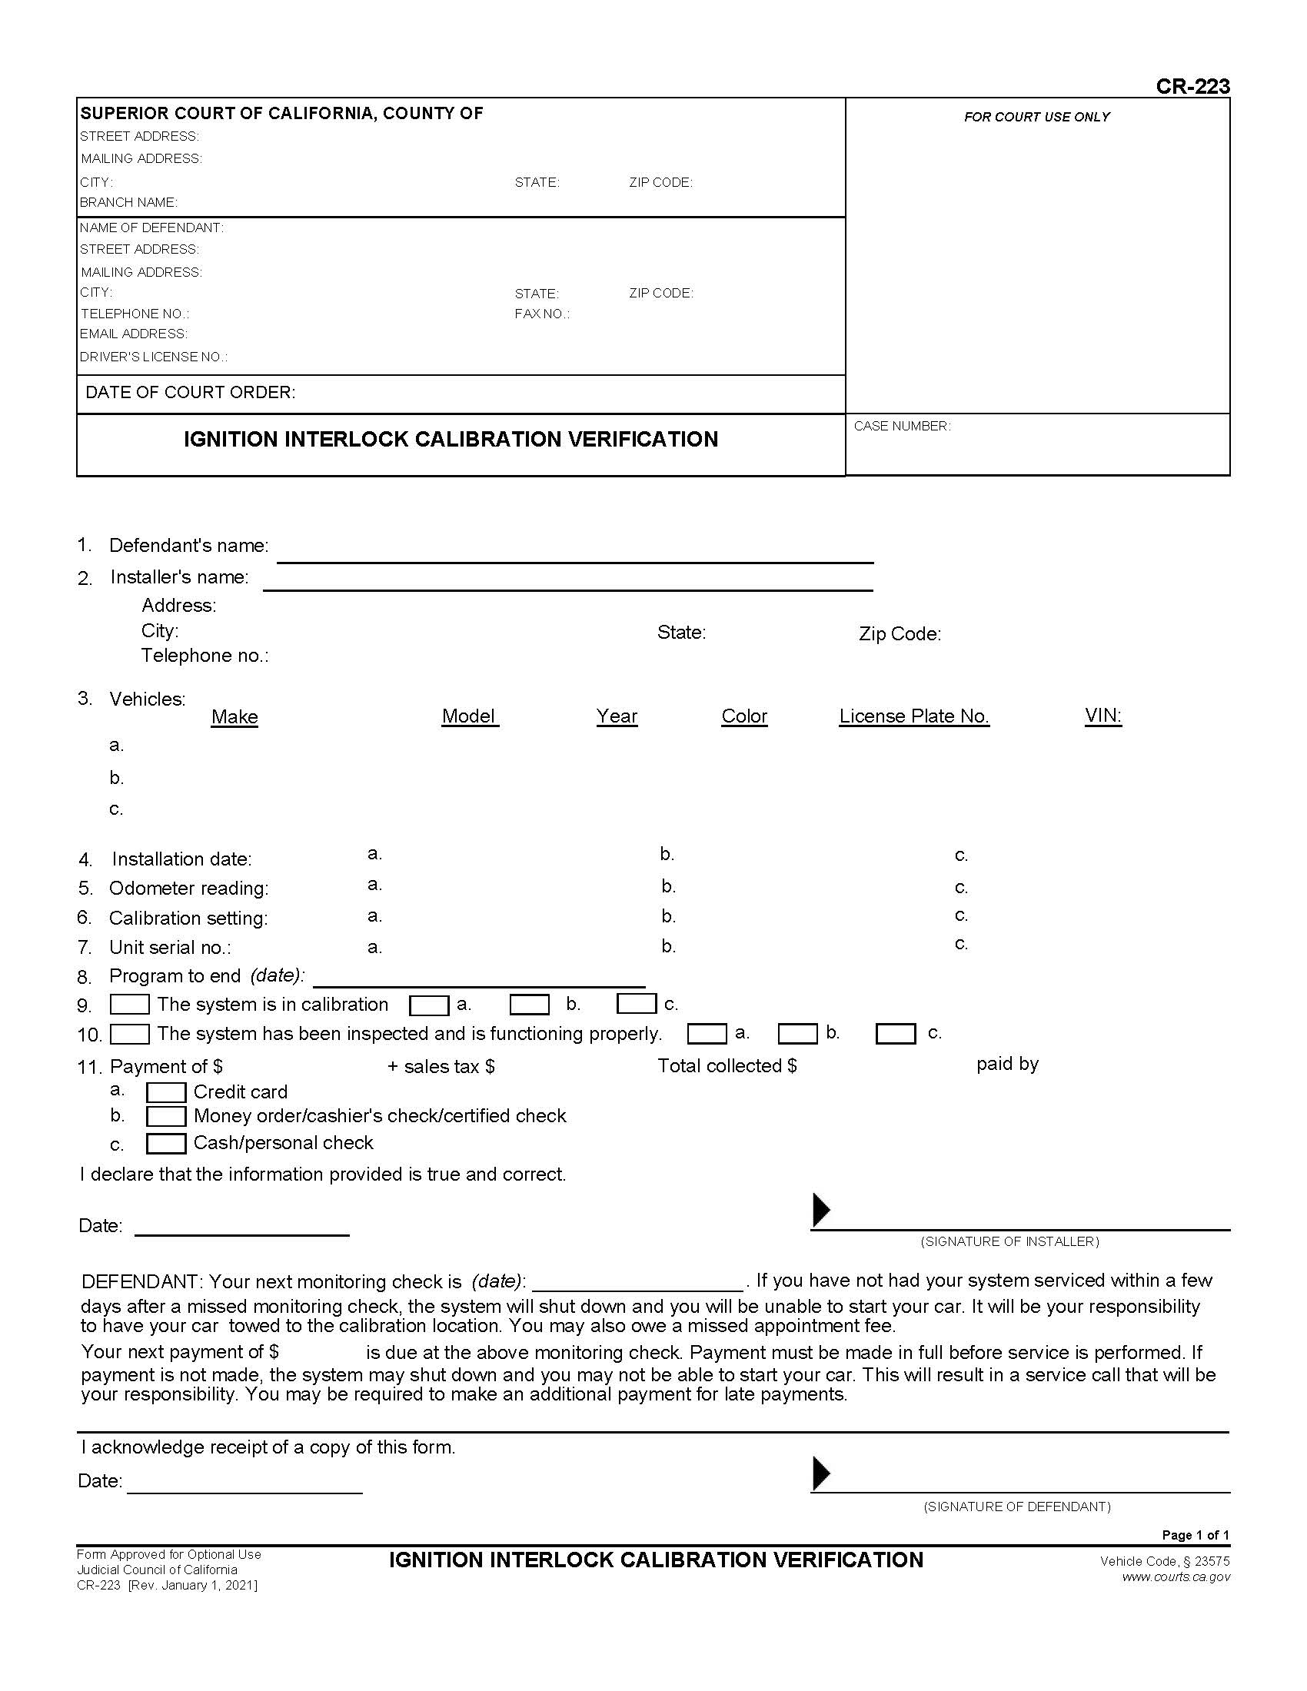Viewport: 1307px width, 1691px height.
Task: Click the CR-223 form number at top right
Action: [x=1192, y=86]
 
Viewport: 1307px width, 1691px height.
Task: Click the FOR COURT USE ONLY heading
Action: [x=1036, y=117]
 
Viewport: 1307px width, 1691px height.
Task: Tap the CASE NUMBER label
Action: [x=901, y=426]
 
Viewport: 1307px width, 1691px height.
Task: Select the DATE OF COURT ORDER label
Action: [x=190, y=393]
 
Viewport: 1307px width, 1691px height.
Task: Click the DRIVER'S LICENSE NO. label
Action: [x=153, y=357]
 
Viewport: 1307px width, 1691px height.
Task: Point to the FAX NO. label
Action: [x=541, y=314]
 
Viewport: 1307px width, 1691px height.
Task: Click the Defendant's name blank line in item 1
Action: [x=574, y=553]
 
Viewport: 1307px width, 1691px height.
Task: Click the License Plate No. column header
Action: [x=913, y=716]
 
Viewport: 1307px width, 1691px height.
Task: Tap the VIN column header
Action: [x=1102, y=716]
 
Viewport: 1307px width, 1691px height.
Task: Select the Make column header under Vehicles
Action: [x=234, y=717]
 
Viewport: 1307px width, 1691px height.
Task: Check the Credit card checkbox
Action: [x=166, y=1092]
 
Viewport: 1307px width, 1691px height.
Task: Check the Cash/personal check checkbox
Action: [x=166, y=1144]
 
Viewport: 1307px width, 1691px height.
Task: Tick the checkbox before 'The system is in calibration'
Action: [x=129, y=1005]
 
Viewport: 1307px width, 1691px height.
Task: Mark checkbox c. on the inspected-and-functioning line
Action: [x=895, y=1034]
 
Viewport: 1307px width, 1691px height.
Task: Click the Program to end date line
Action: [x=478, y=978]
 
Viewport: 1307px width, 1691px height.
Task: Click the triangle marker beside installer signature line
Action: [x=821, y=1209]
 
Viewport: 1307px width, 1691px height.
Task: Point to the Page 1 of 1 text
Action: [x=1195, y=1535]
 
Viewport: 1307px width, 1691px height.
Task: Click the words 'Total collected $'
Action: [x=727, y=1066]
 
